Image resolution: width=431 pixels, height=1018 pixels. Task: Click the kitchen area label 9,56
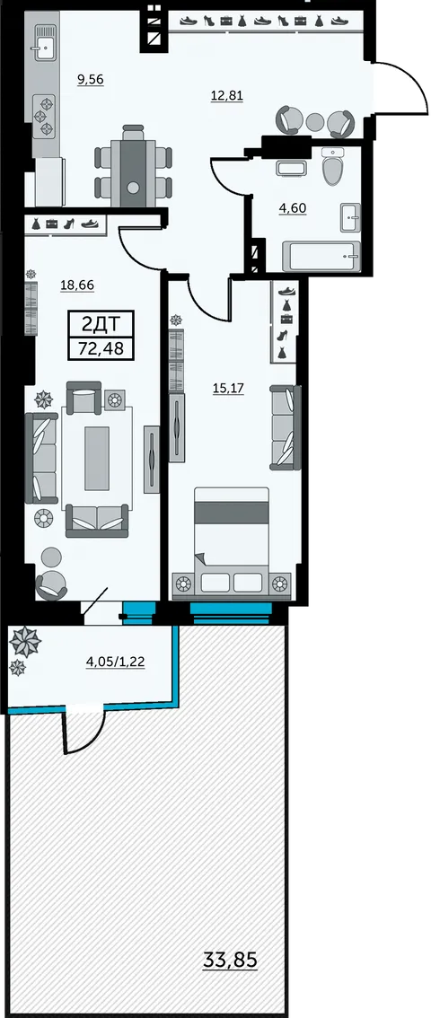coord(90,80)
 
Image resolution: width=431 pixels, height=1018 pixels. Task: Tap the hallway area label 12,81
coord(226,97)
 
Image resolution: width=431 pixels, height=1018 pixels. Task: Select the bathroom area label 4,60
coord(293,208)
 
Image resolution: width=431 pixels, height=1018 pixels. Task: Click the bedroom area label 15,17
coord(227,388)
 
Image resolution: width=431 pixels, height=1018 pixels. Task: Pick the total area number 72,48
coord(101,348)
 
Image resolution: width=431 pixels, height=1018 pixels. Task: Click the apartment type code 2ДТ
coord(101,323)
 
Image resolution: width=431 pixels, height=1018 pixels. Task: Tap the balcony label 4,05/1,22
coord(115,663)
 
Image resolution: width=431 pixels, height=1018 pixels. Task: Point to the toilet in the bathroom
coord(334,165)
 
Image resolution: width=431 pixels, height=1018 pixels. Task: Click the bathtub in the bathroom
coord(321,257)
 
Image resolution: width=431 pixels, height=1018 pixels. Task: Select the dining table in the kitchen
coord(134,165)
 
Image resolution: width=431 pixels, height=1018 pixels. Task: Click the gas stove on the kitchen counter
coord(46,116)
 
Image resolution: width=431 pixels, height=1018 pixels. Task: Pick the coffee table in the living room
coord(97,458)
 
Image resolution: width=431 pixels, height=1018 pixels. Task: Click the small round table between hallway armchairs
coord(315,122)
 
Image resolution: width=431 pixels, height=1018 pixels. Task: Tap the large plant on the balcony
coord(25,642)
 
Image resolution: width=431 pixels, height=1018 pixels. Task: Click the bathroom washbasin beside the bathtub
coord(350,216)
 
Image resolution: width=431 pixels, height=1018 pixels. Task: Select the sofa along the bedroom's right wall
coord(286,426)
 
